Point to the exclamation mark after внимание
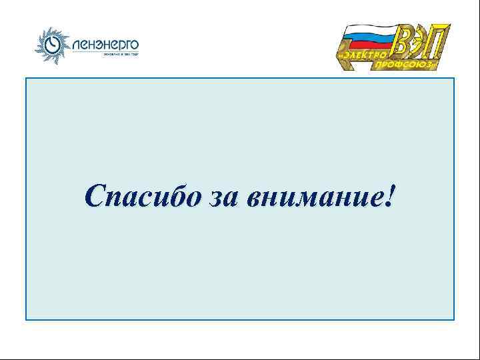tap(389, 195)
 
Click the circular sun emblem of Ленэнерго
tap(51, 44)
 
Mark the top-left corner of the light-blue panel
tap(26, 78)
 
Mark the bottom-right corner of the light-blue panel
tap(454, 319)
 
